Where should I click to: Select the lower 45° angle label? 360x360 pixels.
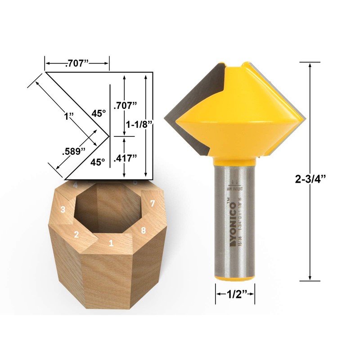click(99, 161)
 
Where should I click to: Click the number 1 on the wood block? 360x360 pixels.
click(111, 243)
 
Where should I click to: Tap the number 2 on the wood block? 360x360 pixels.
click(76, 234)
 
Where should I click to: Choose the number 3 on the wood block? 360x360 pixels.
click(63, 209)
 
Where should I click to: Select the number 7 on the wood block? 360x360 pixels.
click(153, 204)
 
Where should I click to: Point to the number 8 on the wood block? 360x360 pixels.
click(143, 230)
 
